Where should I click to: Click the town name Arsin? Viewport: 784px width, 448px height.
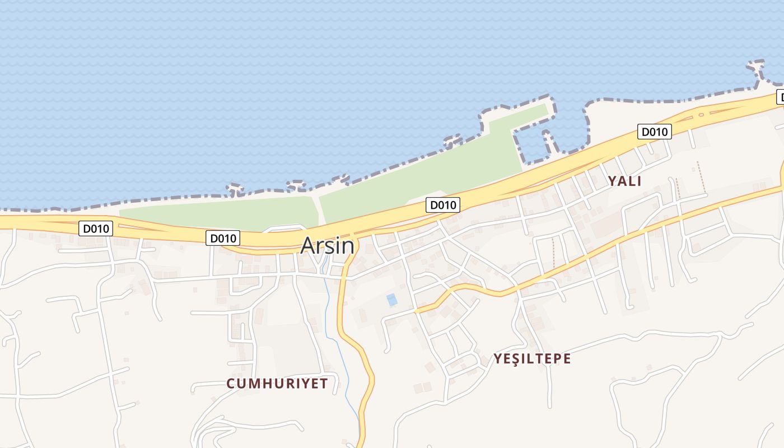[x=328, y=246]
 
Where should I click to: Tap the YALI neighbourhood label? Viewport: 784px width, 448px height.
[x=624, y=181]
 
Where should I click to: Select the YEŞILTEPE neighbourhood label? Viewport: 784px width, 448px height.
[x=532, y=358]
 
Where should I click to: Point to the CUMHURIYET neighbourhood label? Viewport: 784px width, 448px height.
[x=277, y=384]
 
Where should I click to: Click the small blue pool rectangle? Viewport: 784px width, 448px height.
[x=392, y=300]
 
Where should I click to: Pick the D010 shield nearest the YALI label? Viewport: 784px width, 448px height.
[x=654, y=132]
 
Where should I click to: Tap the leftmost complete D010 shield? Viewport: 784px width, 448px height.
[x=96, y=228]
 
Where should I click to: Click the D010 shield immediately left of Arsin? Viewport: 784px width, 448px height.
[x=223, y=238]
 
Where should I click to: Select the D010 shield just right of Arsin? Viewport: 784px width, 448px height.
[x=443, y=205]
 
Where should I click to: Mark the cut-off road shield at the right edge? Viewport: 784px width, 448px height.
[x=780, y=97]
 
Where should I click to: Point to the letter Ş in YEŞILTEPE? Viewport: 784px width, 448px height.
[x=517, y=358]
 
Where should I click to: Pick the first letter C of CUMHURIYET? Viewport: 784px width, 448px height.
[x=230, y=384]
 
